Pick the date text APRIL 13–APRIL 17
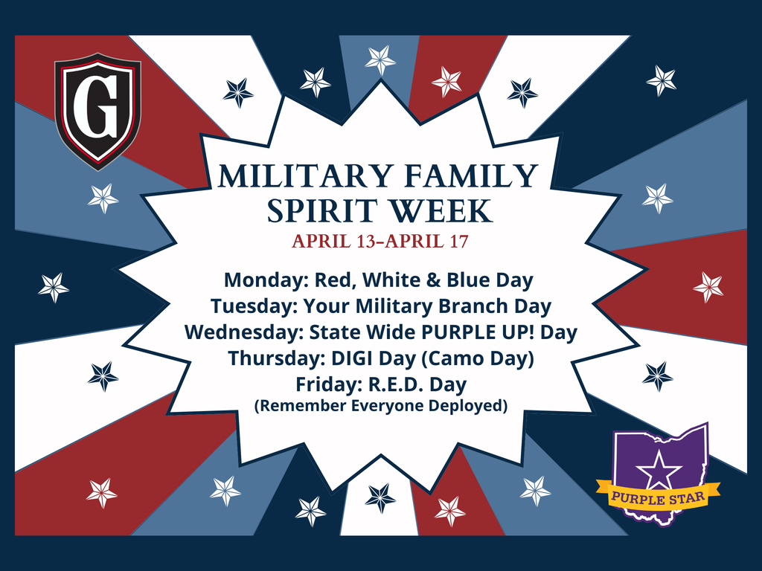click(380, 242)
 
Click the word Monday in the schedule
click(266, 280)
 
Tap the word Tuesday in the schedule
click(246, 306)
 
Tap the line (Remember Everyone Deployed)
click(380, 407)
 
